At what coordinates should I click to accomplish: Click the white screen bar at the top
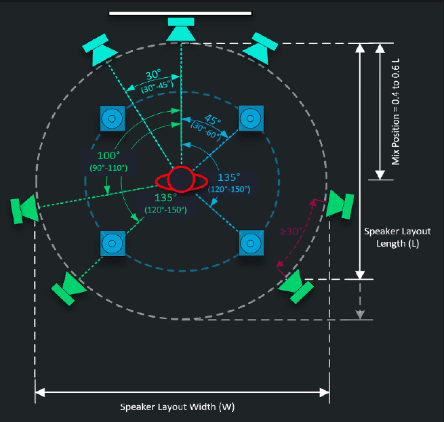(x=180, y=12)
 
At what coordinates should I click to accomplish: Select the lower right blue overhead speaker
(x=250, y=243)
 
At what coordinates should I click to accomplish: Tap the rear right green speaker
(x=296, y=287)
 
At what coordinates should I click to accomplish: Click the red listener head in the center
(x=181, y=180)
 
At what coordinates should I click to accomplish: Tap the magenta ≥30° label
(x=293, y=230)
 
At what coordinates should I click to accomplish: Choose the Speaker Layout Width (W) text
(x=177, y=406)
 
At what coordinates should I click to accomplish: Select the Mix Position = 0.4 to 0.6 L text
(x=396, y=111)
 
